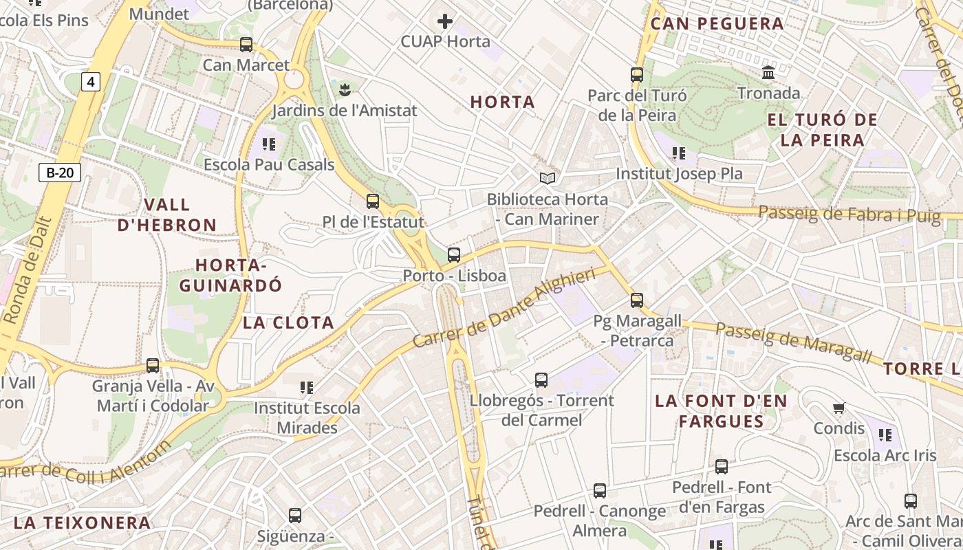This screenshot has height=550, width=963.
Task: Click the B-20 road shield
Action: coord(60,173)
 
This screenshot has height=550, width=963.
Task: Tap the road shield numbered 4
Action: coord(90,82)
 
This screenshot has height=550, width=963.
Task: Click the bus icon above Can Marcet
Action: coord(246,45)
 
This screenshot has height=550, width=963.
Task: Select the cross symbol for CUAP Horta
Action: coord(445,21)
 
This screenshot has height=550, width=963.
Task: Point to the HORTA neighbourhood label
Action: coord(502,102)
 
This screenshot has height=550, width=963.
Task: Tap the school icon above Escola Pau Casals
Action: coord(269,144)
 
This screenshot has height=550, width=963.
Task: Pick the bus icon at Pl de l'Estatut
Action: coord(373,201)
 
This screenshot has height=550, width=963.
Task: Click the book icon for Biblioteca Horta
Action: coord(548,178)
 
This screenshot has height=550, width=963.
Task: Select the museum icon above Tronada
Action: coord(768,71)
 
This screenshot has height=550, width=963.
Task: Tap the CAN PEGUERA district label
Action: coord(717,24)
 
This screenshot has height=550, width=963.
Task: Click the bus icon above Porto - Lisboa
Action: coord(454,255)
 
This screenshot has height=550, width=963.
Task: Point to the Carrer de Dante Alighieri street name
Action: coord(504,308)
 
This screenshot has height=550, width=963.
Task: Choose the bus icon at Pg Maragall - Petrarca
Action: coord(637,300)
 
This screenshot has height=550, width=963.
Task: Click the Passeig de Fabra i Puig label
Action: coord(849,214)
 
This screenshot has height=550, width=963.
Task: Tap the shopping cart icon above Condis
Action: coord(838,408)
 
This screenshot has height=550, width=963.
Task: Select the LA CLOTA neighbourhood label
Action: coord(288,322)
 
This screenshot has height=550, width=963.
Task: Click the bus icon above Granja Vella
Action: coord(153,365)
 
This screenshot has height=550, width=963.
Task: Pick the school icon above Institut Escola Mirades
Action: coord(307,388)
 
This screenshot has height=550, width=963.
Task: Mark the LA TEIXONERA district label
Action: coord(82,522)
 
